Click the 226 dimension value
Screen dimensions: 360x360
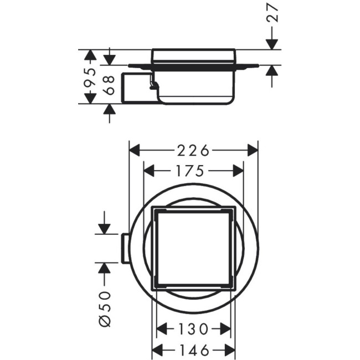[193, 150]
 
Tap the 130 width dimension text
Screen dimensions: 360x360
[193, 330]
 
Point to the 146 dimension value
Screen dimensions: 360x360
[193, 350]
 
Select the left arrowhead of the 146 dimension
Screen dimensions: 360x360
[157, 350]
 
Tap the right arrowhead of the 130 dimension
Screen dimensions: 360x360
[225, 330]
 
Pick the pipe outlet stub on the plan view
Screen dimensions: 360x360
[125, 248]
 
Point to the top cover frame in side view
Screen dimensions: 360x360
[193, 55]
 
